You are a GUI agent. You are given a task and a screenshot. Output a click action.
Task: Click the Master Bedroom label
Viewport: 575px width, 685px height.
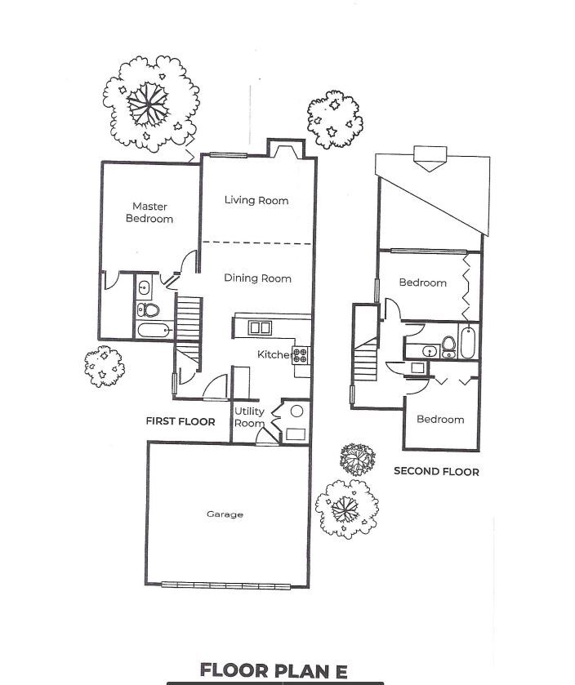(149, 212)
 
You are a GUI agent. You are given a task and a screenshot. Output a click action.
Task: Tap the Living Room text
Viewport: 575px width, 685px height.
(256, 200)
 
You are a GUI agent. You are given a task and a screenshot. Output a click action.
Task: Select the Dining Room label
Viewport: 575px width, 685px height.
(257, 278)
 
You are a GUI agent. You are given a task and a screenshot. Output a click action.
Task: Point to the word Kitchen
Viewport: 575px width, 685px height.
(274, 354)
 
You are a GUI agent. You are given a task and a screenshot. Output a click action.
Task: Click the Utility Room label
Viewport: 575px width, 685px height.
(249, 417)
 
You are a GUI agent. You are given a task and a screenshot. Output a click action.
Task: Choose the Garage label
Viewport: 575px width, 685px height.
(225, 514)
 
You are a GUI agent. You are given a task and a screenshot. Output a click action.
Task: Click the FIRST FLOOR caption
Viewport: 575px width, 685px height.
(181, 422)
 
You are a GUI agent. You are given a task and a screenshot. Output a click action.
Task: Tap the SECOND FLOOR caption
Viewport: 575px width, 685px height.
(436, 471)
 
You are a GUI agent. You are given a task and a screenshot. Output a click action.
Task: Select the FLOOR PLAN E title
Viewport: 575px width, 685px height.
(274, 671)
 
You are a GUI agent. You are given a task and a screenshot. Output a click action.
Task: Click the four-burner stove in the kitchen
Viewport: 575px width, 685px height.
(301, 355)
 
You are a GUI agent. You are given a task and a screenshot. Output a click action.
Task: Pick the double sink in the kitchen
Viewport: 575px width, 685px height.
(261, 327)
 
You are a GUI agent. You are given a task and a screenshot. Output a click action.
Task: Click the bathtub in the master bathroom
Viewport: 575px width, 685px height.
(154, 331)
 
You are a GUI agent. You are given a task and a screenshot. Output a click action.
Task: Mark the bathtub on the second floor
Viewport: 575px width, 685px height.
(467, 342)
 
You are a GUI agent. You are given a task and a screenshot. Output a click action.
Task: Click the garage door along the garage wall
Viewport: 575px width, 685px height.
(225, 585)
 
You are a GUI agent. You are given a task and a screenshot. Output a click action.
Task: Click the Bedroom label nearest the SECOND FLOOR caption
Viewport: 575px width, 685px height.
(440, 419)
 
